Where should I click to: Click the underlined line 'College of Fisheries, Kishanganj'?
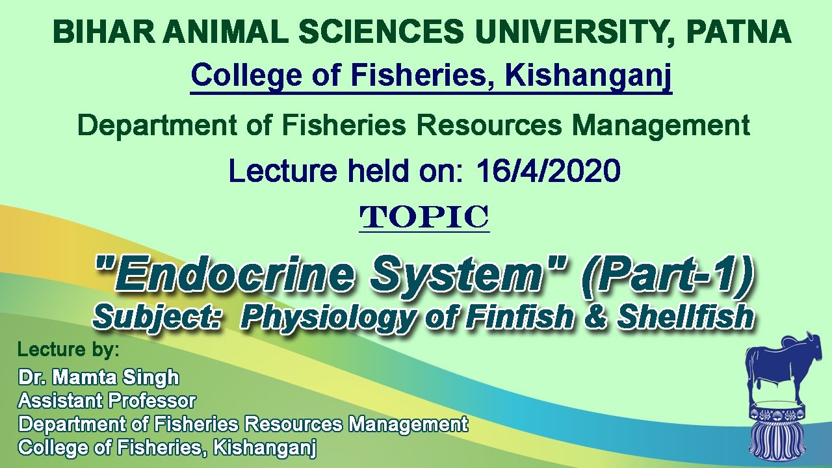click(431, 77)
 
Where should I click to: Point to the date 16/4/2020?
click(548, 171)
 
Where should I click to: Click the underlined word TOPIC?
click(424, 217)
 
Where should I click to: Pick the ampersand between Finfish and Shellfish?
click(595, 317)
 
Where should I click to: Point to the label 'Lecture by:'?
click(68, 350)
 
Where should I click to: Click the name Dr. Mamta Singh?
click(98, 377)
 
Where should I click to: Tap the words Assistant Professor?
click(107, 400)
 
